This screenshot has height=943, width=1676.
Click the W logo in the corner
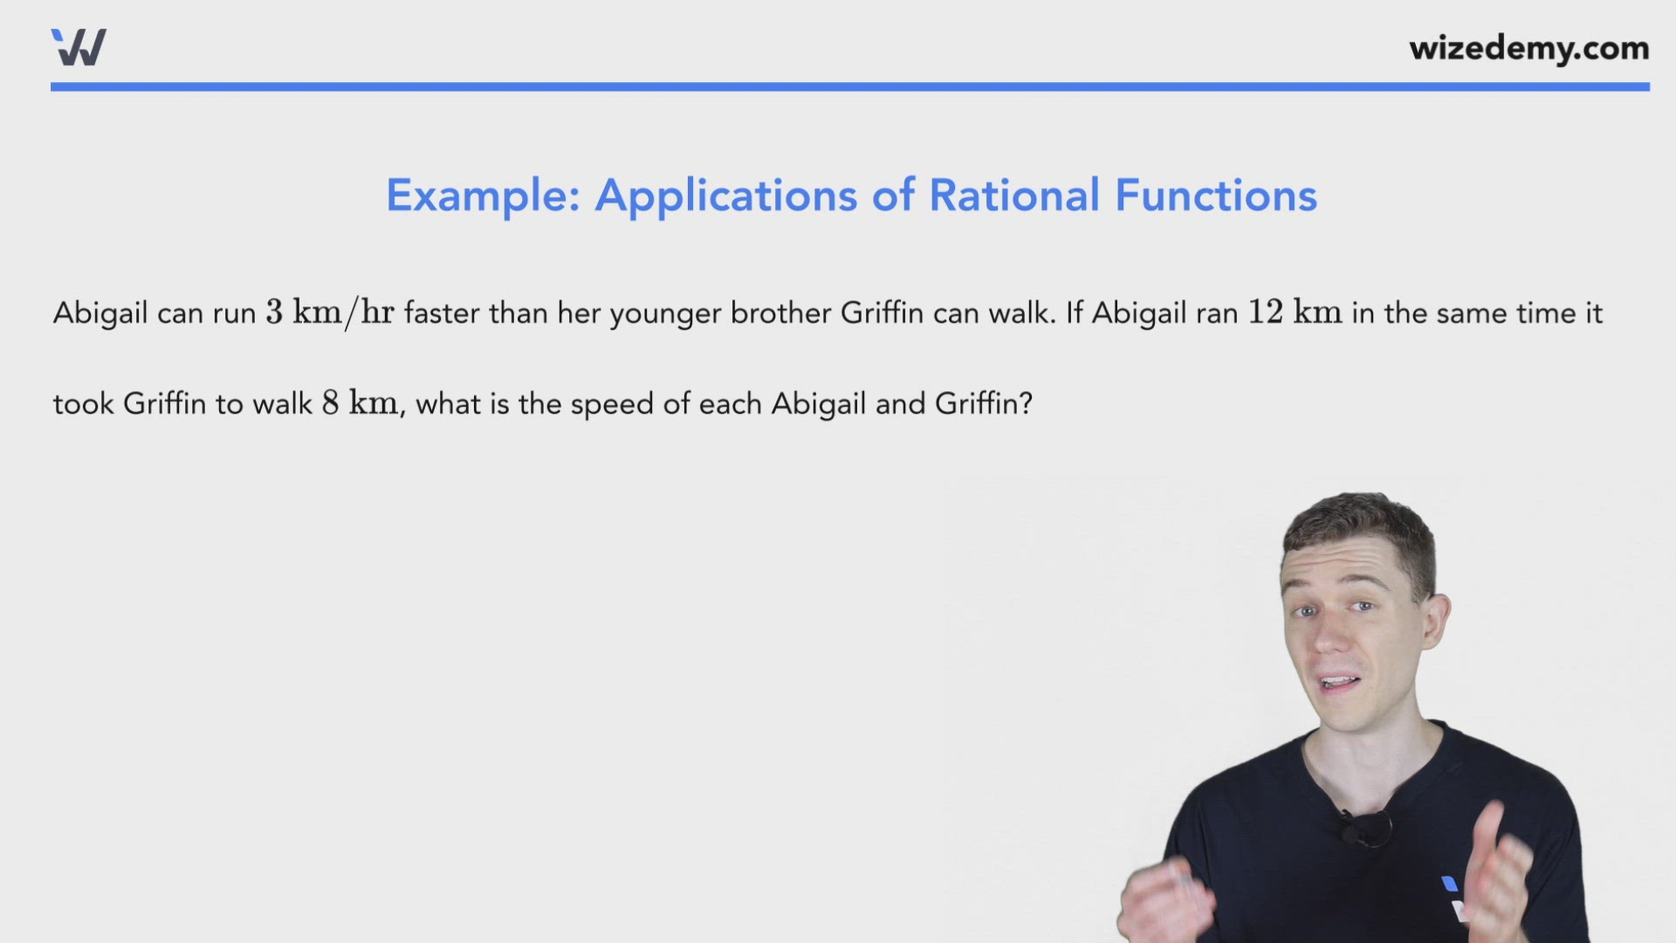[x=79, y=47]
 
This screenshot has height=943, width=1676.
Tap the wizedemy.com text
[x=1528, y=48]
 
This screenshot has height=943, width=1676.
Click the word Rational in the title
[x=1013, y=196]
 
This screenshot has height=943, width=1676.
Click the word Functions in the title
[x=1215, y=196]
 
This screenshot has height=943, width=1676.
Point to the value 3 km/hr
[x=329, y=313]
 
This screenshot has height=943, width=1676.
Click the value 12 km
[x=1294, y=313]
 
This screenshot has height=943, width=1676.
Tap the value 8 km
[x=359, y=403]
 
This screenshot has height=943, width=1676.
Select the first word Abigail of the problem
[x=100, y=313]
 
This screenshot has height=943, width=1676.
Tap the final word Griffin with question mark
[x=983, y=403]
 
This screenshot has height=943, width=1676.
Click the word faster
[x=441, y=313]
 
